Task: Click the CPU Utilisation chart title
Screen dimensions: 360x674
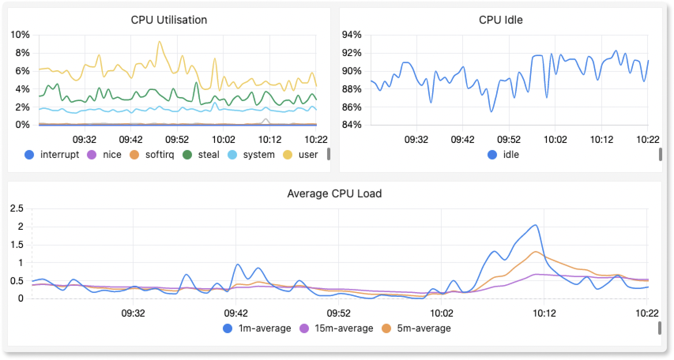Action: pyautogui.click(x=169, y=20)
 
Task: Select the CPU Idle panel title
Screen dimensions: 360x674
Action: pyautogui.click(x=501, y=20)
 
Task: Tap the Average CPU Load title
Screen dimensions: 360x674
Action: pyautogui.click(x=334, y=194)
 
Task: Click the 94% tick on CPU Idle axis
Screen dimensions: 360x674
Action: pyautogui.click(x=352, y=35)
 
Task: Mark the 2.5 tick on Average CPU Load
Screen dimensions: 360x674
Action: pyautogui.click(x=17, y=208)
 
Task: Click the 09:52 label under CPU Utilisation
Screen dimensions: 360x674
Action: pyautogui.click(x=177, y=139)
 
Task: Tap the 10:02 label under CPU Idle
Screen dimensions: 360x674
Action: pyautogui.click(x=555, y=139)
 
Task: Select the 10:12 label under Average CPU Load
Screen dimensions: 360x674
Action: pyautogui.click(x=544, y=313)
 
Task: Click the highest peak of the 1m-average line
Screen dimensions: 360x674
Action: pyautogui.click(x=535, y=225)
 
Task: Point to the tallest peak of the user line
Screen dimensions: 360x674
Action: pyautogui.click(x=159, y=41)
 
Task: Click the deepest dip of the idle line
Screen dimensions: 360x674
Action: pyautogui.click(x=491, y=112)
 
